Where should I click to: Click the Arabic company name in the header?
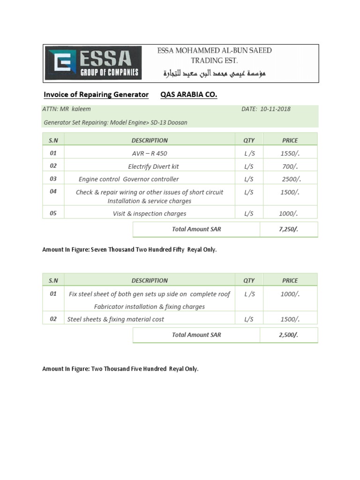click(x=214, y=74)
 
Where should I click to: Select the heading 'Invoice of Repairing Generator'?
click(x=96, y=95)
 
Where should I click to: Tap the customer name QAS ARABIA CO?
click(x=188, y=95)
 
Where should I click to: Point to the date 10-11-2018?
click(x=273, y=109)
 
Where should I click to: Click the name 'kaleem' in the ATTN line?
click(x=81, y=109)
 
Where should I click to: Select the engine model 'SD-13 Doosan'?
click(x=169, y=122)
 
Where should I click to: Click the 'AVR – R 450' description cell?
click(x=150, y=153)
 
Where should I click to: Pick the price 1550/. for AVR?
click(x=290, y=153)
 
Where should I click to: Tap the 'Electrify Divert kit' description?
click(x=153, y=166)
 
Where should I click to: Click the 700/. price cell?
click(x=290, y=166)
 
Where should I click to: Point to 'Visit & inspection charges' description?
click(x=150, y=213)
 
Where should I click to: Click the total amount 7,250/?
click(x=288, y=229)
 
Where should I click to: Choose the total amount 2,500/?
click(x=288, y=335)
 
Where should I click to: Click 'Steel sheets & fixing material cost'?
click(x=116, y=319)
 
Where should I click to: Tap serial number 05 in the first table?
click(x=53, y=213)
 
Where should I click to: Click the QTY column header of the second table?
click(x=249, y=280)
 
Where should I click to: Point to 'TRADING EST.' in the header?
click(x=214, y=60)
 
